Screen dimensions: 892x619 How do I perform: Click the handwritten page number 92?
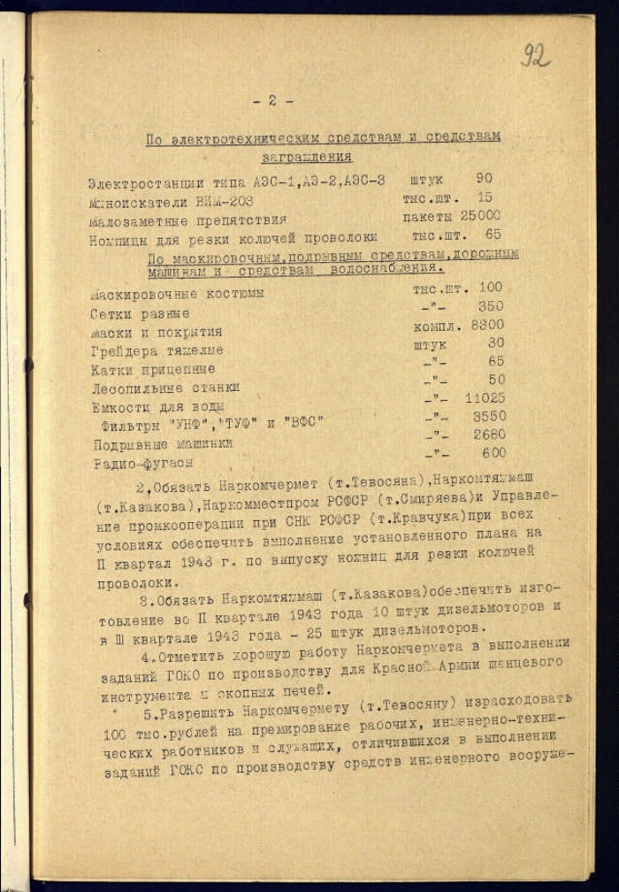535,54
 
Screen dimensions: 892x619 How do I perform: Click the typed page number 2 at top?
272,100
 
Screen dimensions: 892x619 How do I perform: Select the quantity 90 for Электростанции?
484,179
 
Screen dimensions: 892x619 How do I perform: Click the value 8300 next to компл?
487,325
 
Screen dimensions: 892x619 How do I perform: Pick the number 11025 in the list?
485,398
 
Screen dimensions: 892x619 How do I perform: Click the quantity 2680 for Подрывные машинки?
489,434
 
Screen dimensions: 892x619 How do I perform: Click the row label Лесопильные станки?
165,388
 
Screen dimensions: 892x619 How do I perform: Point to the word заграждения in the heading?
307,158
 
